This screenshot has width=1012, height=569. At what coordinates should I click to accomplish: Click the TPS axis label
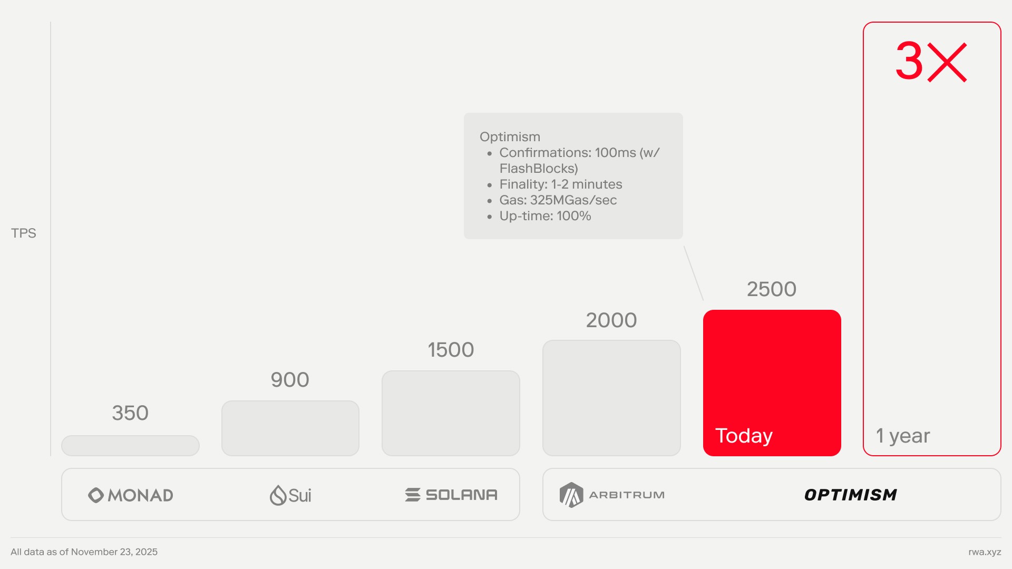[x=24, y=233]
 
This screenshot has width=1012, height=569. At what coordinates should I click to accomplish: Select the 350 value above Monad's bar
[x=130, y=413]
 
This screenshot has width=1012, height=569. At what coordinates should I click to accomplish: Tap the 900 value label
[x=290, y=380]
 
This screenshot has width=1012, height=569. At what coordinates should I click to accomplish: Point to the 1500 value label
[x=451, y=350]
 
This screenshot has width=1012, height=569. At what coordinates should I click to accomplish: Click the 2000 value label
[x=611, y=320]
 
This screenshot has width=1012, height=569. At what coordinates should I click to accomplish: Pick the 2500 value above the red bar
[x=772, y=289]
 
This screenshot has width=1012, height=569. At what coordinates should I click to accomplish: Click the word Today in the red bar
[x=744, y=436]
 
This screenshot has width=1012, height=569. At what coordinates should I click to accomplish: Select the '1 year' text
[x=903, y=436]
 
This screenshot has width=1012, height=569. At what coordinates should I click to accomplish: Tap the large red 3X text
[x=931, y=62]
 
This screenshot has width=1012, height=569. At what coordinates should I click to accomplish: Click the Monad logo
[x=131, y=495]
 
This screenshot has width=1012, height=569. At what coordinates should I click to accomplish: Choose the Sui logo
[x=290, y=495]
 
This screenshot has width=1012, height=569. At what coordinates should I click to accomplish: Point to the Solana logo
[x=451, y=495]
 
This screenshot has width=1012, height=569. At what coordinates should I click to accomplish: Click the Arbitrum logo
[x=612, y=495]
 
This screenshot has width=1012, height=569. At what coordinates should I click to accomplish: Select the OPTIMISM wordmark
[x=851, y=495]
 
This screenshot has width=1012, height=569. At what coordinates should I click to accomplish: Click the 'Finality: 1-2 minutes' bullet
[x=561, y=184]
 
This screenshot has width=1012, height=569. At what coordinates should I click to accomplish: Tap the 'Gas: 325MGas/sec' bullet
[x=558, y=200]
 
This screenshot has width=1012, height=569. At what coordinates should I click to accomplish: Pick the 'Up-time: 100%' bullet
[x=545, y=216]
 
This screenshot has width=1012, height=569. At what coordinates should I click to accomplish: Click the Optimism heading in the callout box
[x=510, y=137]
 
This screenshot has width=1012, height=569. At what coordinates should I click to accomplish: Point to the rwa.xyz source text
[x=985, y=552]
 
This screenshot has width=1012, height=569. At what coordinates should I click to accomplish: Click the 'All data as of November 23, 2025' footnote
[x=84, y=552]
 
